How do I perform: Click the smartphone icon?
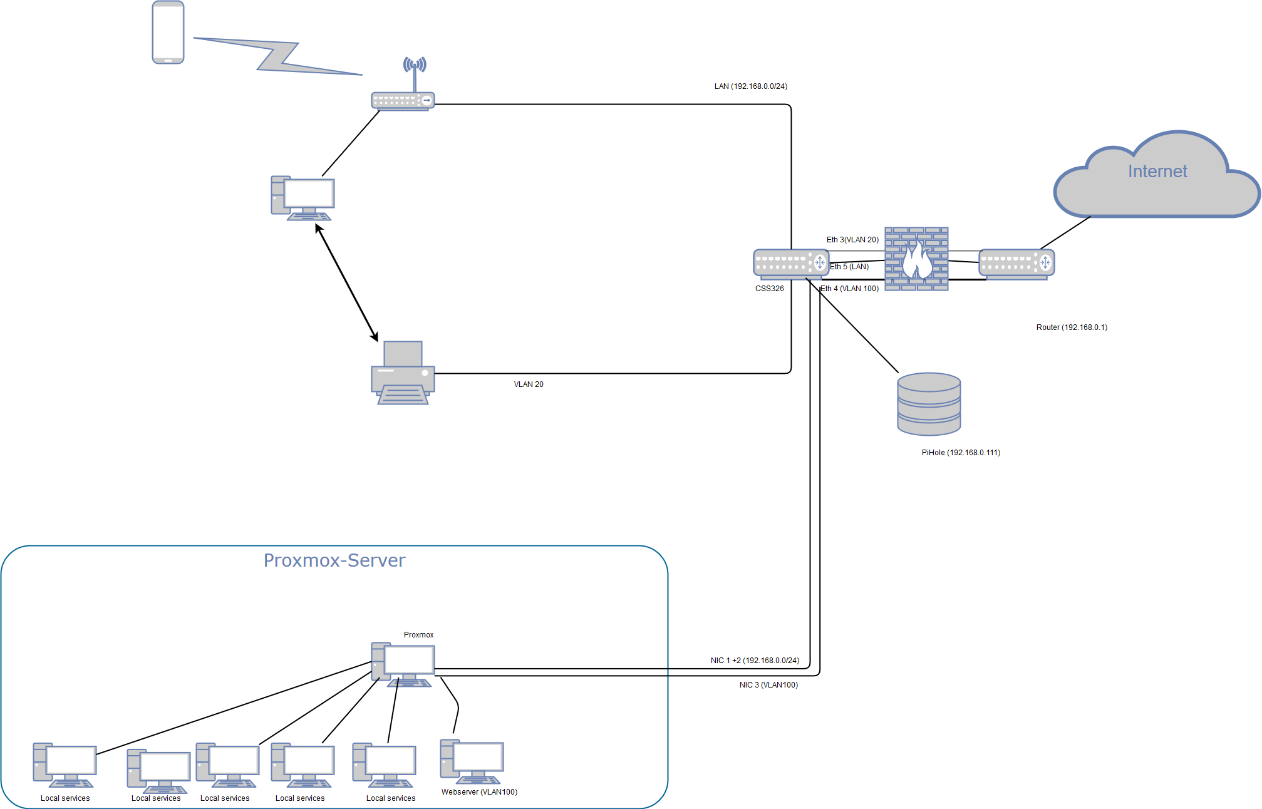coord(168,33)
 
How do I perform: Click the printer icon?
coord(403,373)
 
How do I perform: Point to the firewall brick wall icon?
coord(916,259)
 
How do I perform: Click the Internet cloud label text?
coord(1157,172)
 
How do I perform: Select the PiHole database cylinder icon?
coord(928,404)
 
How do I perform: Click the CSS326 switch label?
coord(769,289)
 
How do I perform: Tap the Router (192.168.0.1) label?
coord(1071,327)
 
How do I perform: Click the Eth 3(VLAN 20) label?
coord(852,240)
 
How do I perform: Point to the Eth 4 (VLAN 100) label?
coord(849,289)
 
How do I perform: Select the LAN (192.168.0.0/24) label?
coord(750,86)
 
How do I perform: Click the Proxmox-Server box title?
coord(334,560)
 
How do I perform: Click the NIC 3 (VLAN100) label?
coord(768,685)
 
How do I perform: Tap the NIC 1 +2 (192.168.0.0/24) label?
coord(754,661)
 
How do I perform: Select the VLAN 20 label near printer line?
coord(528,384)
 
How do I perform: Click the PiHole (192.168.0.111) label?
coord(960,453)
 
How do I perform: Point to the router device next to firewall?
coord(1016,264)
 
